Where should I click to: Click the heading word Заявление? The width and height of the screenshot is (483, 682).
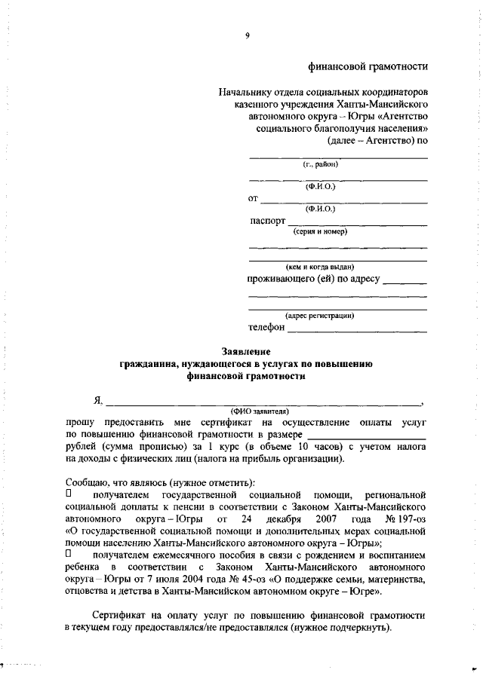coord(246,351)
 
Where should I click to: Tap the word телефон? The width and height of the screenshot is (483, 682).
coord(267,327)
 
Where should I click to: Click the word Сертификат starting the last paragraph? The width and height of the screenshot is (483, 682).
coord(116,615)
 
